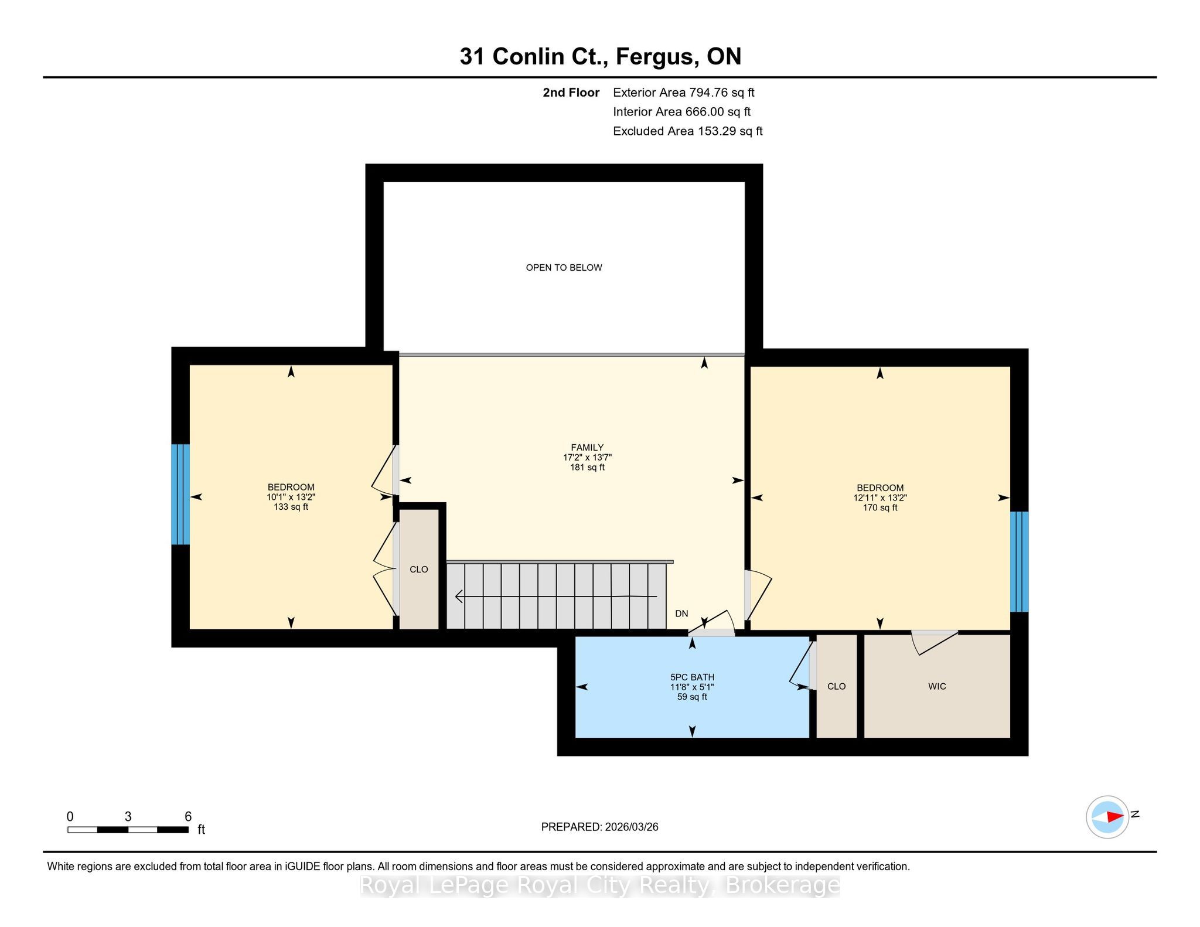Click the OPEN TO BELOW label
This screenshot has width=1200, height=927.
[564, 268]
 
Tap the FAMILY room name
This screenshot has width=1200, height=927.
[587, 448]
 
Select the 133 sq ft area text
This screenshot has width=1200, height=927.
[291, 507]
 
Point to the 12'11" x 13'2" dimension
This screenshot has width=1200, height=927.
[879, 498]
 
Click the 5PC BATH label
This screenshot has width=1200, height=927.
[692, 677]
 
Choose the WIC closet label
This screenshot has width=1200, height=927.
[937, 687]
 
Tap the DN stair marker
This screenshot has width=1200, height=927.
[681, 614]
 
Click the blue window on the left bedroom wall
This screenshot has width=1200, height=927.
[180, 495]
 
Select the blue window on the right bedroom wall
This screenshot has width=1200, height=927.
[1020, 562]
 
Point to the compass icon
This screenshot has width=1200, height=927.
[1107, 817]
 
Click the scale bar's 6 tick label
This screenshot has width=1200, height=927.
[188, 817]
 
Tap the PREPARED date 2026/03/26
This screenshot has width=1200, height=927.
[632, 827]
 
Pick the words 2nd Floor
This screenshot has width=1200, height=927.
[571, 93]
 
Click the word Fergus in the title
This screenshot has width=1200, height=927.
[656, 57]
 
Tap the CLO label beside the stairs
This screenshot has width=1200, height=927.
[419, 570]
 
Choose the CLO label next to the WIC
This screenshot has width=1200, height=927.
[837, 687]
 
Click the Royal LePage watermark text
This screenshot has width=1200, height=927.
[600, 885]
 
